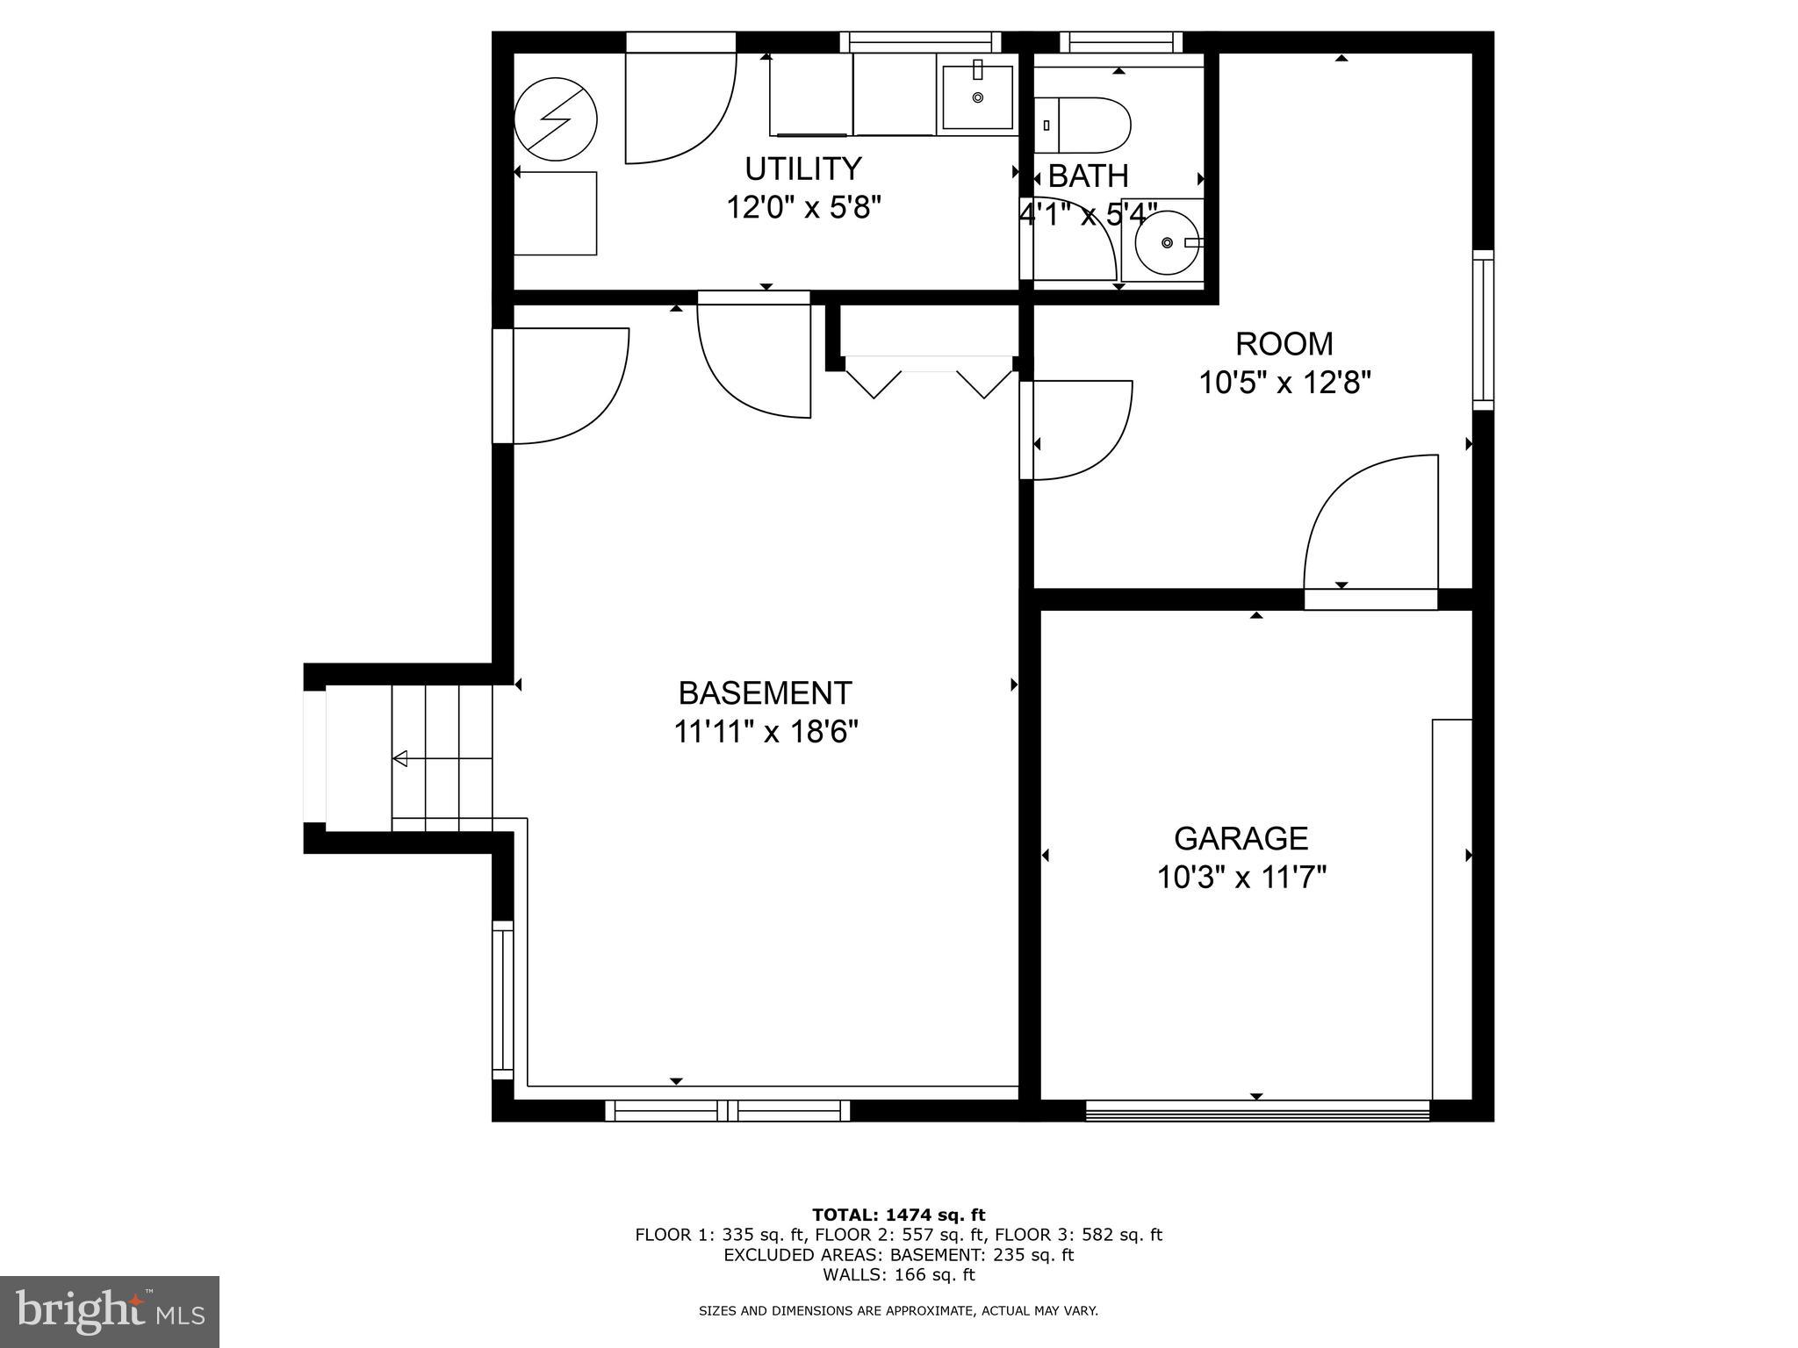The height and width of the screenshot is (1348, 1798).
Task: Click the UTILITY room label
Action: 802,168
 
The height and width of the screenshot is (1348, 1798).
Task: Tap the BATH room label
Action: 1088,176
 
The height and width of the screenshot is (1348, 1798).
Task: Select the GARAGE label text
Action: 1241,838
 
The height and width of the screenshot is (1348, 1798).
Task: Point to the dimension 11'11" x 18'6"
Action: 766,731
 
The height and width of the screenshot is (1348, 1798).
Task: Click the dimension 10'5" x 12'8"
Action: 1284,383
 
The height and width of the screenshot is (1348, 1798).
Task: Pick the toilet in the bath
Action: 1084,125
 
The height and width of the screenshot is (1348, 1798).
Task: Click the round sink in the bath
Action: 1167,242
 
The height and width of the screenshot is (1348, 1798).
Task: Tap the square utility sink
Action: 977,97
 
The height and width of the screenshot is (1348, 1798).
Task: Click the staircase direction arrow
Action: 400,758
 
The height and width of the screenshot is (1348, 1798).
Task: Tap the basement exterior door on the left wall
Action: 562,386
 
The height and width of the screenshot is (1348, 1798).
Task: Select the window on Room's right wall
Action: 1483,329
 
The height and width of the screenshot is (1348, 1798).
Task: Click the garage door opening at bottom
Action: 1257,1111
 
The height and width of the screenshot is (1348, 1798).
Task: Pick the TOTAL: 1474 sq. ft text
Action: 898,1215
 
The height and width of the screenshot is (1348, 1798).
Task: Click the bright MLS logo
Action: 110,1311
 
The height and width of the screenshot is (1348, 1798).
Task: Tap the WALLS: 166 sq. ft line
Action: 898,1275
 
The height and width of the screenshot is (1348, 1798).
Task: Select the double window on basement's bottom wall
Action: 728,1111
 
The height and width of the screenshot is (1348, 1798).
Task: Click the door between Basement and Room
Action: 1075,430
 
